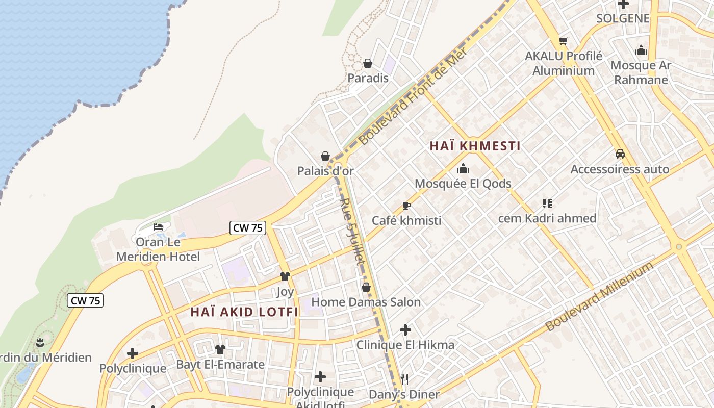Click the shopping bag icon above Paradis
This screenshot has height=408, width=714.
click(x=367, y=63)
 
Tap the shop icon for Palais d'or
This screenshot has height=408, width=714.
click(x=325, y=156)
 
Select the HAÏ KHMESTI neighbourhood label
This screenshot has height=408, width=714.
click(x=475, y=146)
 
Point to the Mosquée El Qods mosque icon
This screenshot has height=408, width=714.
click(x=463, y=168)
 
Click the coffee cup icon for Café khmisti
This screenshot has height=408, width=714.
click(x=406, y=206)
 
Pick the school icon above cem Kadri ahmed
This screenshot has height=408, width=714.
click(x=547, y=203)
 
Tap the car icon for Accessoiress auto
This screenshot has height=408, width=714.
click(x=620, y=154)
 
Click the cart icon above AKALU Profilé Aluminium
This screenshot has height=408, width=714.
click(x=564, y=41)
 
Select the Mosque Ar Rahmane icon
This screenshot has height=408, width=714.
click(x=641, y=50)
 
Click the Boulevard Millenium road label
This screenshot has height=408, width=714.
click(x=599, y=297)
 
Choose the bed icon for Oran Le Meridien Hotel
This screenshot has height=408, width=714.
click(x=158, y=226)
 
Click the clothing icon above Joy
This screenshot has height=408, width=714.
click(x=285, y=276)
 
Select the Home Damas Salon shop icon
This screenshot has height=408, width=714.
click(x=366, y=287)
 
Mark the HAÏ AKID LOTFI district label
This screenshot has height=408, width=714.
click(x=244, y=312)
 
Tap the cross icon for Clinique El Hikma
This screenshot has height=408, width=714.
click(x=405, y=330)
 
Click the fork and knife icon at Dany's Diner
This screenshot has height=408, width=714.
click(x=404, y=379)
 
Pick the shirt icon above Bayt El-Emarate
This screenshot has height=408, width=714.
click(x=220, y=349)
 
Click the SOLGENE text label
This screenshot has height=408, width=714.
click(x=623, y=18)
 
